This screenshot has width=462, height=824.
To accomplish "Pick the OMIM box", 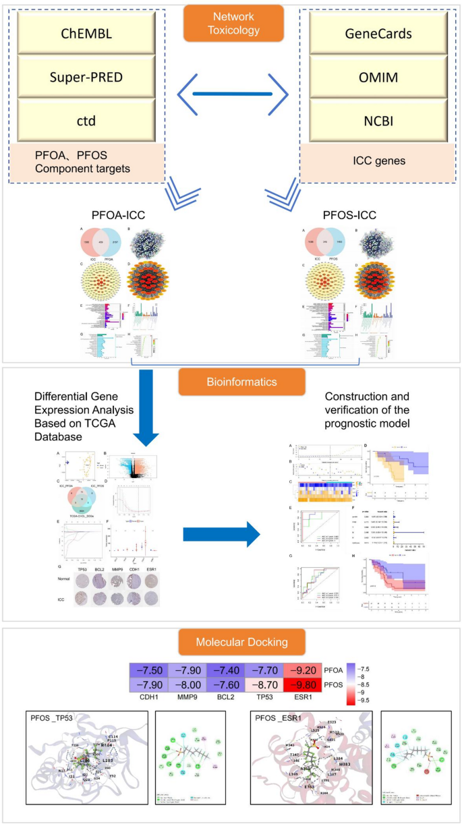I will click(x=375, y=78).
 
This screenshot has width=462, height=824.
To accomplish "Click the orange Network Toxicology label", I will click(x=231, y=24).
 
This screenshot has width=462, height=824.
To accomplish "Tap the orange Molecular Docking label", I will click(x=231, y=641).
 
